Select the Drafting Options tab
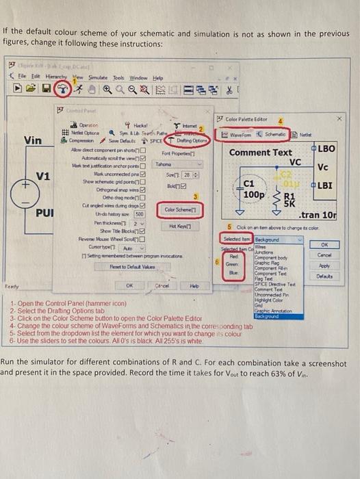click(183, 140)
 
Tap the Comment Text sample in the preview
click(261, 151)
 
